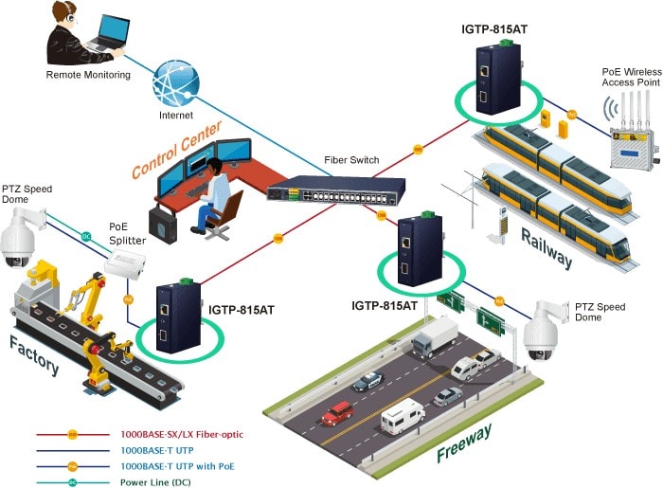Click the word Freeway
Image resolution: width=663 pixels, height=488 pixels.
[x=465, y=443]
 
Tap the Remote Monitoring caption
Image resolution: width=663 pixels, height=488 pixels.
[x=88, y=74]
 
